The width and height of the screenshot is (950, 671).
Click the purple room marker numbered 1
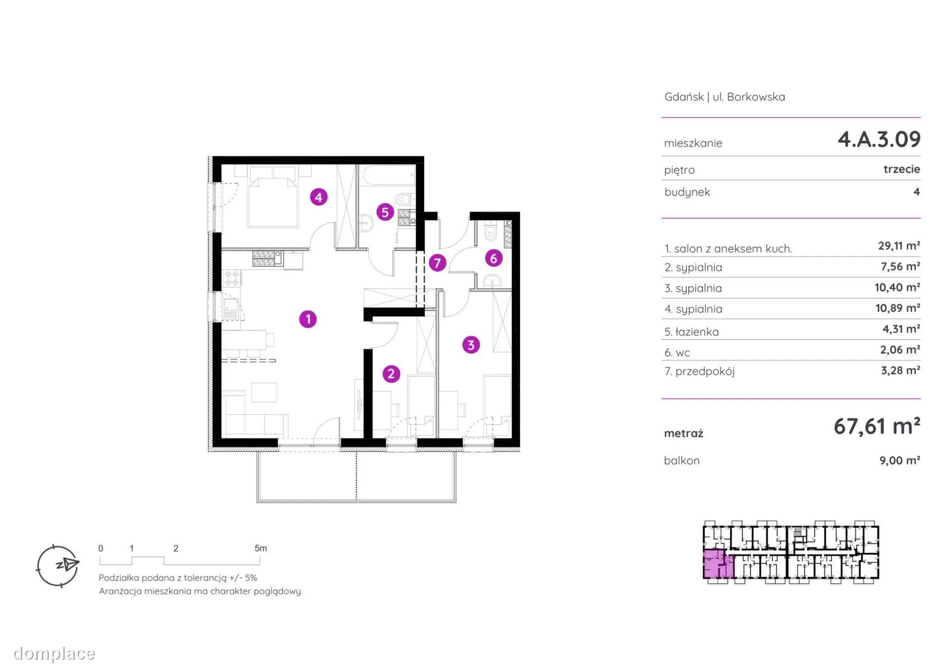pyautogui.click(x=308, y=319)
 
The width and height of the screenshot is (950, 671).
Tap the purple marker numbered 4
pyautogui.click(x=319, y=197)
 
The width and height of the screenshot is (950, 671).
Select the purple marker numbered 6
pyautogui.click(x=493, y=258)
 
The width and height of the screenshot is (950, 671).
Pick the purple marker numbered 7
pyautogui.click(x=437, y=263)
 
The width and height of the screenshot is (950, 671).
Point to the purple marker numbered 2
pyautogui.click(x=391, y=374)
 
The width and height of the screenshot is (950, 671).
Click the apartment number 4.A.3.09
pyautogui.click(x=879, y=139)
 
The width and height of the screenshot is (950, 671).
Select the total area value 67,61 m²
pyautogui.click(x=877, y=426)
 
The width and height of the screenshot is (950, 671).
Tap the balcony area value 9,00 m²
pyautogui.click(x=900, y=460)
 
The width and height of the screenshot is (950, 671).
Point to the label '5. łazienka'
pyautogui.click(x=691, y=332)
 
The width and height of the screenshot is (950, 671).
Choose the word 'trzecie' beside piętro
pyautogui.click(x=902, y=169)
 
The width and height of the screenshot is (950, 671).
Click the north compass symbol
pyautogui.click(x=58, y=566)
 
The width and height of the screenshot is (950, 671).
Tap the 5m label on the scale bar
pyautogui.click(x=261, y=548)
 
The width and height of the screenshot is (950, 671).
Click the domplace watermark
pyautogui.click(x=54, y=654)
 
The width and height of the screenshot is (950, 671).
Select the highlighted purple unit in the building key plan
pyautogui.click(x=718, y=563)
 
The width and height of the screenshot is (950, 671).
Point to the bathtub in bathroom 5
pyautogui.click(x=389, y=175)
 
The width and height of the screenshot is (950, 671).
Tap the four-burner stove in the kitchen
pyautogui.click(x=232, y=278)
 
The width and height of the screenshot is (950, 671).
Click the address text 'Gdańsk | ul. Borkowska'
pyautogui.click(x=724, y=97)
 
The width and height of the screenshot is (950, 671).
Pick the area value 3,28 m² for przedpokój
pyautogui.click(x=900, y=370)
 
